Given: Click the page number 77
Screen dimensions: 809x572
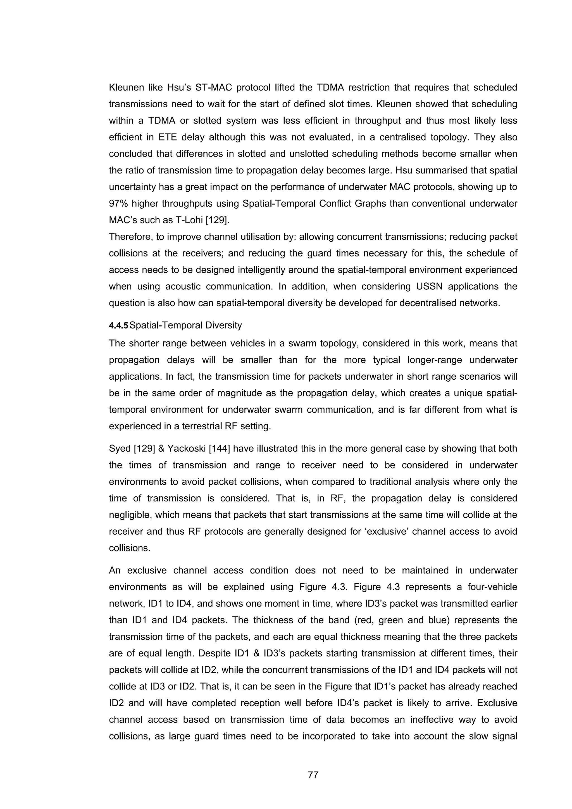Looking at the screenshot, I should (313, 775).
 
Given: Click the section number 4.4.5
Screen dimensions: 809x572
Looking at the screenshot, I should (118, 325).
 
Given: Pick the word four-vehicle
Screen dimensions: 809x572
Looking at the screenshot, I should (492, 587).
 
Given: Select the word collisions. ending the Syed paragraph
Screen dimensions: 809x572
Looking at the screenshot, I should (130, 548).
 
